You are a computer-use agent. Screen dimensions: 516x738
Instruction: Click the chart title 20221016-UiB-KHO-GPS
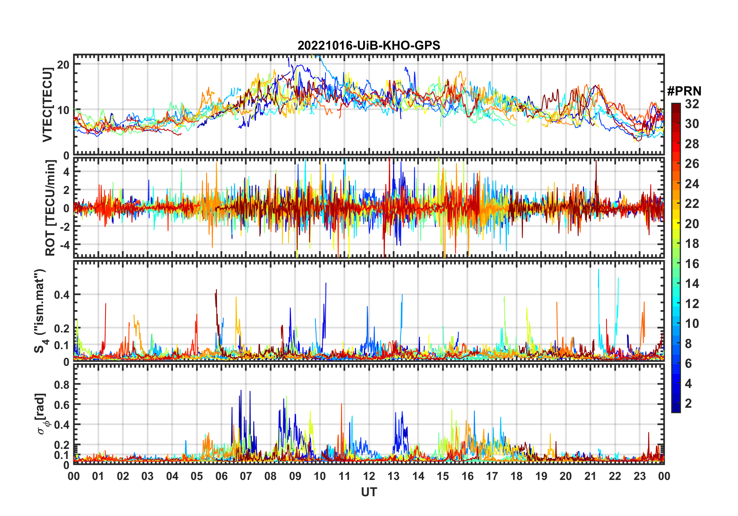pyautogui.click(x=369, y=46)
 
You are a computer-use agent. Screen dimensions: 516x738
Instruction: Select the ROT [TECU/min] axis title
pyautogui.click(x=50, y=208)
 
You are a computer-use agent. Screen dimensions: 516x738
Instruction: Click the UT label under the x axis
pyautogui.click(x=369, y=492)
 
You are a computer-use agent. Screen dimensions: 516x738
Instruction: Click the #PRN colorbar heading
pyautogui.click(x=684, y=91)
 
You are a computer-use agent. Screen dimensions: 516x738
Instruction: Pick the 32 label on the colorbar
pyautogui.click(x=692, y=104)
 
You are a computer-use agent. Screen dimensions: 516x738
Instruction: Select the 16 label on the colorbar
pyautogui.click(x=692, y=264)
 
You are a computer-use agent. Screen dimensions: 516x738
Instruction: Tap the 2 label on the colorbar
pyautogui.click(x=688, y=403)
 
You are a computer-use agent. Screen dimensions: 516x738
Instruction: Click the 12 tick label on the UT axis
pyautogui.click(x=369, y=476)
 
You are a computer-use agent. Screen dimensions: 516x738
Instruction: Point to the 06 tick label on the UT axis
pyautogui.click(x=221, y=476)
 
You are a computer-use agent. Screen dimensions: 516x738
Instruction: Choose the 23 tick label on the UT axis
pyautogui.click(x=639, y=476)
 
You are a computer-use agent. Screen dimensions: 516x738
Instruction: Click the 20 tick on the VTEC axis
pyautogui.click(x=63, y=64)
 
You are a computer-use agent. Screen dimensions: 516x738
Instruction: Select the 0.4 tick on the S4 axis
pyautogui.click(x=61, y=295)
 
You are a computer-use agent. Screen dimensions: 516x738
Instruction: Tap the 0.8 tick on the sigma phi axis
pyautogui.click(x=61, y=384)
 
